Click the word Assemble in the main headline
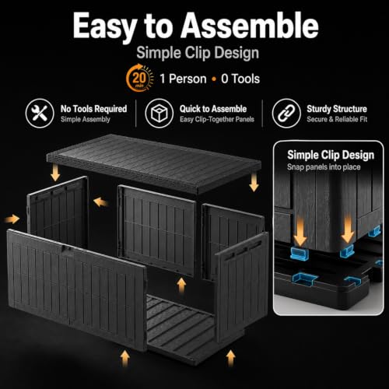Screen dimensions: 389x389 [250, 26]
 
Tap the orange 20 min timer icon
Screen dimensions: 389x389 [139, 78]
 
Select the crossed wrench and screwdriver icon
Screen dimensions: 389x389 [40, 114]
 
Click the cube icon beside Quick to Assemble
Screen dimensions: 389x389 [159, 114]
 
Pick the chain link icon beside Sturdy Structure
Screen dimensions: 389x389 [286, 114]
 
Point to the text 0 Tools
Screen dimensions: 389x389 [240, 79]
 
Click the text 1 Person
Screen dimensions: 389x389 [183, 79]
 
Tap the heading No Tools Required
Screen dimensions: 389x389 [93, 109]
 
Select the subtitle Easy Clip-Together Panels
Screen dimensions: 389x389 [217, 119]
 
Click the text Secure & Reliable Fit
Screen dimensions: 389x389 [337, 119]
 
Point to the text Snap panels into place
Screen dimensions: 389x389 [324, 167]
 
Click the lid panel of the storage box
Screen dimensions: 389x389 [154, 163]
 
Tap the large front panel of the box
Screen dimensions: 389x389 [77, 289]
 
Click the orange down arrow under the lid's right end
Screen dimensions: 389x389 [254, 182]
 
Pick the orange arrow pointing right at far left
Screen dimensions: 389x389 [12, 219]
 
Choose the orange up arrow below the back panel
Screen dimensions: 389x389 [181, 286]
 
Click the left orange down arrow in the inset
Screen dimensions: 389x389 [300, 232]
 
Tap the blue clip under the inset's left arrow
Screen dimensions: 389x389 [300, 254]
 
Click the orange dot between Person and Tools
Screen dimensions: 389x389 [214, 79]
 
